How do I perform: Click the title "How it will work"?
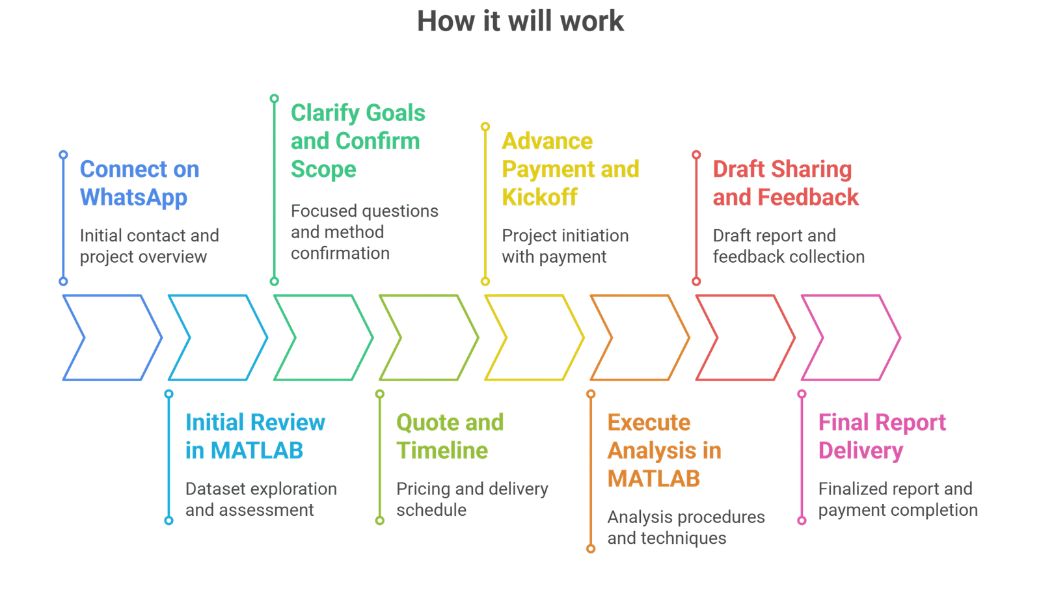click(520, 21)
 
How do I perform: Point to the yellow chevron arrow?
click(534, 337)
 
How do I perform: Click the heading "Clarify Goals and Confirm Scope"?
click(357, 141)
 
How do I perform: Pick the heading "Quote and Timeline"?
click(450, 436)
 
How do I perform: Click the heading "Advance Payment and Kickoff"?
click(570, 169)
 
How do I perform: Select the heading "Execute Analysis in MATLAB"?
click(664, 450)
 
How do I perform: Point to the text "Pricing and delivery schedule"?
click(472, 499)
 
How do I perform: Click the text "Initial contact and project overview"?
click(149, 245)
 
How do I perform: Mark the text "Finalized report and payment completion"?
click(897, 499)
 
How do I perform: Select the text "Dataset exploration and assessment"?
click(260, 499)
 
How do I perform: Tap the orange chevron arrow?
click(640, 337)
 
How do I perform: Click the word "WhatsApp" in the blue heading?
click(133, 197)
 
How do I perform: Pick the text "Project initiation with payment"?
click(565, 245)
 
